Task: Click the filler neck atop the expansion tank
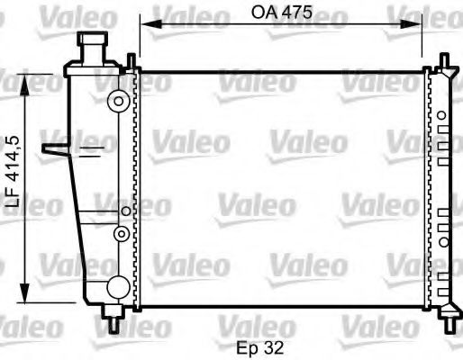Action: pyautogui.click(x=93, y=44)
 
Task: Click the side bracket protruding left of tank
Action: pyautogui.click(x=56, y=149)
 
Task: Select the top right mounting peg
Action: pyautogui.click(x=444, y=60)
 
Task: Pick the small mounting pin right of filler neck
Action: pyautogui.click(x=132, y=60)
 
